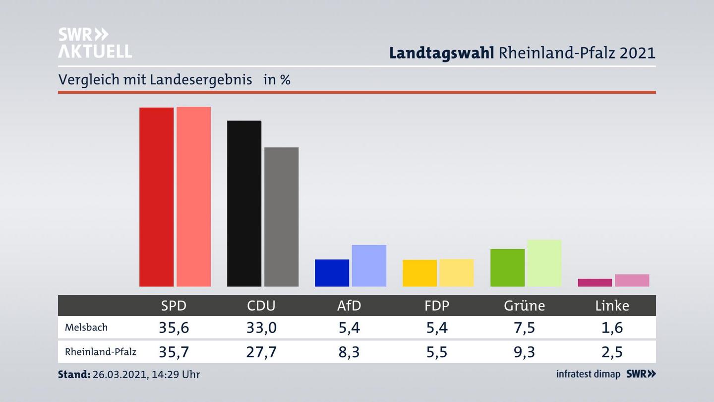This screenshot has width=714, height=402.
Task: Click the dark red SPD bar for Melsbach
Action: pos(156,197)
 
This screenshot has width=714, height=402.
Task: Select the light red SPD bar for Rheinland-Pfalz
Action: pos(194,197)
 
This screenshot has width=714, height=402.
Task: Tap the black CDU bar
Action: pos(244,203)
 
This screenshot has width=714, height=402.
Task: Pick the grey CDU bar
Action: pos(282,217)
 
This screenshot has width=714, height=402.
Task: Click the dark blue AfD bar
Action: pos(332,273)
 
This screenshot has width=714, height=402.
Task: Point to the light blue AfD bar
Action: pos(369,266)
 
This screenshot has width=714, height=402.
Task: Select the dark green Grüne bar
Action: pos(507,268)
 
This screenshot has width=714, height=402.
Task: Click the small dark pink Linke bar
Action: pos(595,282)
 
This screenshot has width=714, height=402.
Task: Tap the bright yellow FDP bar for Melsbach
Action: pos(419,273)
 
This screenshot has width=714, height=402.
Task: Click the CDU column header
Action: pos(261,306)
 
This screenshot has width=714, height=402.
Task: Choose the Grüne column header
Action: pos(524,306)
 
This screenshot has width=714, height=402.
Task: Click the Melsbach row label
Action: pos(86,328)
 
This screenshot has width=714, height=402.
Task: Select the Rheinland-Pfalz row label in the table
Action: pos(101,352)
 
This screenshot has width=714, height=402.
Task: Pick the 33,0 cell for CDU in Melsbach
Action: pos(261,328)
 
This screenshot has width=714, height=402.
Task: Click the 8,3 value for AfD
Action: pos(349,352)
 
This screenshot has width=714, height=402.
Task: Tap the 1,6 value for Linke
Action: pos(612,328)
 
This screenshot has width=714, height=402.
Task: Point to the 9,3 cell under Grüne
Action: pos(524,352)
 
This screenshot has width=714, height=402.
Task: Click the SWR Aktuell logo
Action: pos(95,43)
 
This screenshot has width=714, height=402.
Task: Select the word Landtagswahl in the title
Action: pos(441,53)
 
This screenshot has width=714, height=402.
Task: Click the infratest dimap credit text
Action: pos(588,374)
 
